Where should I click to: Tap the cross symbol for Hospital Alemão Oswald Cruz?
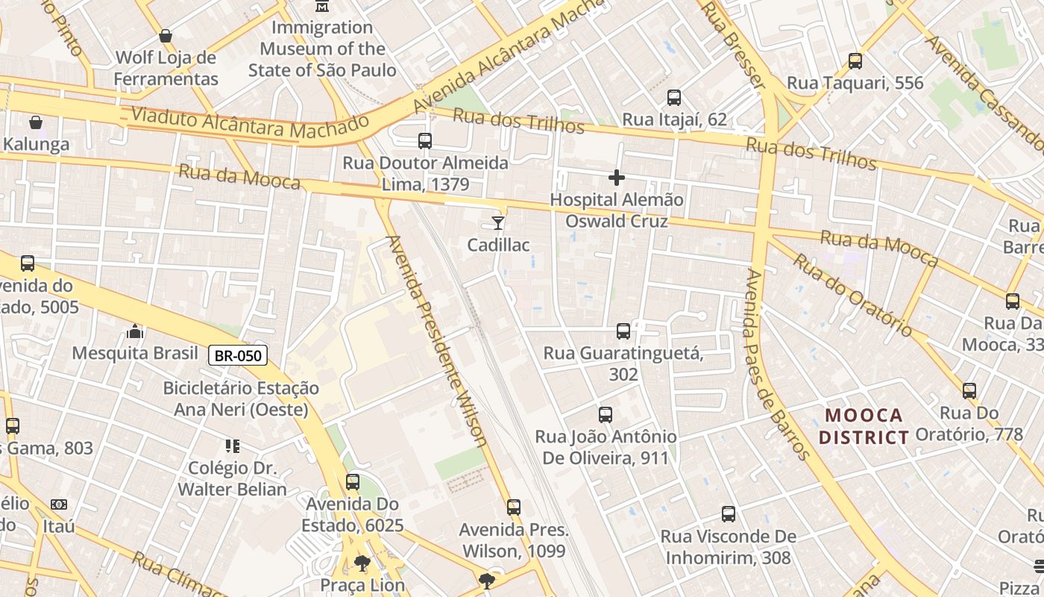[617, 178]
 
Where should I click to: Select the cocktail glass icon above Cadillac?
[498, 222]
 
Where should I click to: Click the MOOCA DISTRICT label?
[864, 426]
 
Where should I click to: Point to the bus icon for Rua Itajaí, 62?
[674, 98]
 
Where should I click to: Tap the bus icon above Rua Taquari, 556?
[855, 61]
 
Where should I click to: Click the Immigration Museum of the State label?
[322, 49]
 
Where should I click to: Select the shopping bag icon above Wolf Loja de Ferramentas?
[166, 36]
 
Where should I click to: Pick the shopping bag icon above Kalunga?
[36, 122]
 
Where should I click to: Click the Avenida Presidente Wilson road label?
[437, 341]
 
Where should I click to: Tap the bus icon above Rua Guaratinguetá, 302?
[623, 331]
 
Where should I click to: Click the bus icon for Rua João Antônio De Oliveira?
[606, 415]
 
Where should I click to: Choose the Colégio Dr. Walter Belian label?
[232, 478]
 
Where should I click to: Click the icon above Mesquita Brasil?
[135, 331]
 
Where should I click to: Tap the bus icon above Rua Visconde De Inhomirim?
[729, 514]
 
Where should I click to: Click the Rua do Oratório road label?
[852, 295]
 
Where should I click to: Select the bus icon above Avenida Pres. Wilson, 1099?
[514, 507]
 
